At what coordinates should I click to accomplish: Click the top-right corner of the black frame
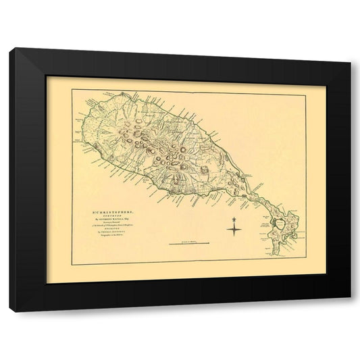(x=351, y=63)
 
